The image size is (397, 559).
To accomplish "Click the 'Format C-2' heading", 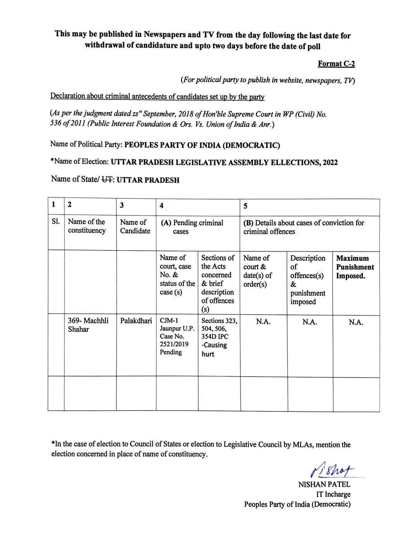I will click(x=336, y=64).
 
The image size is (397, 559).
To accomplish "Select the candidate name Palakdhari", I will click(x=136, y=321).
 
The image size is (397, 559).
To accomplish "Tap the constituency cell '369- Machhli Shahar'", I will click(x=88, y=325).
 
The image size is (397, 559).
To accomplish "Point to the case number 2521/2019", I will click(x=174, y=344).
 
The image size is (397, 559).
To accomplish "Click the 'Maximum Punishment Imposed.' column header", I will click(x=355, y=267).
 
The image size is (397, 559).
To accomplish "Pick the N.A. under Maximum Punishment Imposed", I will click(x=356, y=322).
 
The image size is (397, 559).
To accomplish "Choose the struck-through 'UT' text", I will click(x=107, y=180).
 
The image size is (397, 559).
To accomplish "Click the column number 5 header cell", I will click(x=245, y=206).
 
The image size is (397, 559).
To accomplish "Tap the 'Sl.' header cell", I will click(x=56, y=222).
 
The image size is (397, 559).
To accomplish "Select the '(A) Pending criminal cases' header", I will click(x=192, y=227).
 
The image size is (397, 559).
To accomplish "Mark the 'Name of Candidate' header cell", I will click(x=135, y=227).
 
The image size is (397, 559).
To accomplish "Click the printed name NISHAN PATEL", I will click(x=324, y=484).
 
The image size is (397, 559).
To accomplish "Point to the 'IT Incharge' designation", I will click(x=333, y=494).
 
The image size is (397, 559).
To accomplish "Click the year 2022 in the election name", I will click(x=330, y=163).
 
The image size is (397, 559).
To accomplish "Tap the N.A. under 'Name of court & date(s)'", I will click(x=263, y=322).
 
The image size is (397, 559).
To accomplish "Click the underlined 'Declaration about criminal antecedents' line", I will click(x=157, y=97).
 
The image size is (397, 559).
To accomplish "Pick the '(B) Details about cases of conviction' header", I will click(x=304, y=227).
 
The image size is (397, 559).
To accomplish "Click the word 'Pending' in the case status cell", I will click(x=171, y=352).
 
